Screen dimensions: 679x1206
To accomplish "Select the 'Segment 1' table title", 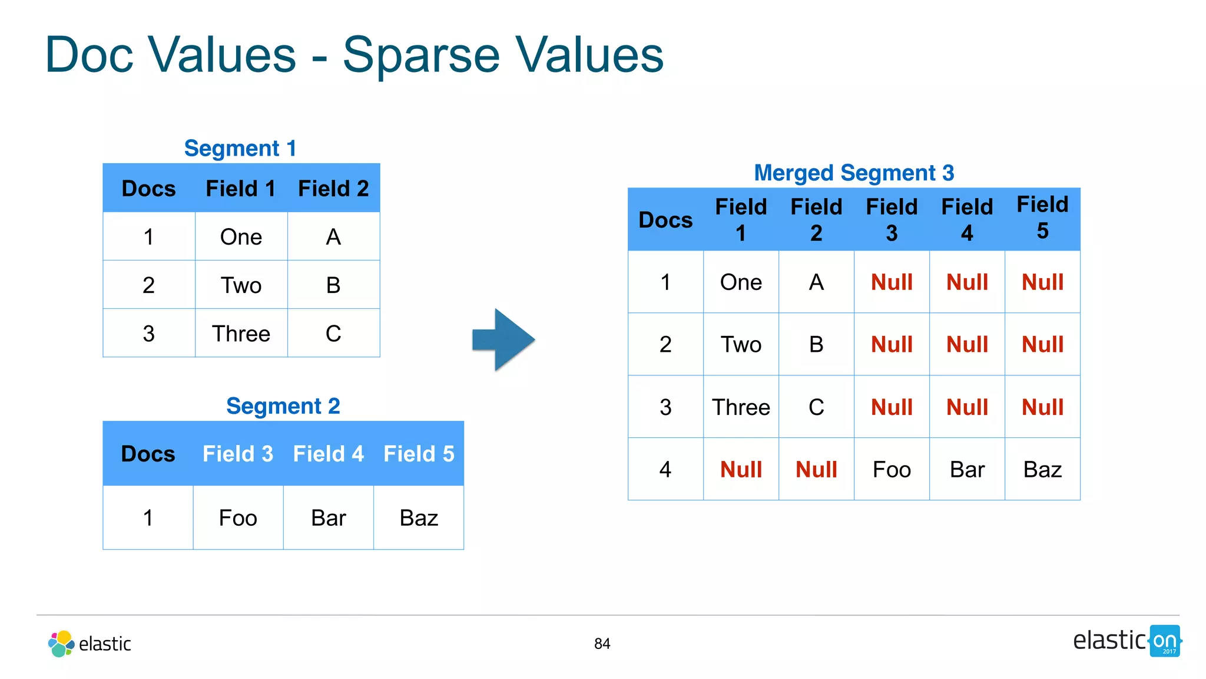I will click(x=240, y=149).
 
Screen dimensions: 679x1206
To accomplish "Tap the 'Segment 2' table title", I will click(x=283, y=406).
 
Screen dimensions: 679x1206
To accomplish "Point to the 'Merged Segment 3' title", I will click(x=854, y=173).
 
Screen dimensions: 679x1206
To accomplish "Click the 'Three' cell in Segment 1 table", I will click(x=241, y=334).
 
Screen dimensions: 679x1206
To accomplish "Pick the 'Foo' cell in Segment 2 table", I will click(x=238, y=518).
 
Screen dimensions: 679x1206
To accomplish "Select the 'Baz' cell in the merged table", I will click(x=1042, y=470).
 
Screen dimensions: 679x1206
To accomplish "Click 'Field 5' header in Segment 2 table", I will click(x=419, y=454).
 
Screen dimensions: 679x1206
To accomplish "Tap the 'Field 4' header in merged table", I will click(x=967, y=219).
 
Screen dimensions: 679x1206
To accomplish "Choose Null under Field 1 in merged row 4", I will click(x=741, y=470).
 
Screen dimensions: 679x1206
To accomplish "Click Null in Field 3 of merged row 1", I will click(x=892, y=282).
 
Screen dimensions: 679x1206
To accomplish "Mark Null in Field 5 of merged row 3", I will click(x=1042, y=407).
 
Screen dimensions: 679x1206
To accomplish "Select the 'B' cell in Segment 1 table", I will click(x=333, y=285).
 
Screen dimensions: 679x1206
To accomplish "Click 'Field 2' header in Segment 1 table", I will click(x=333, y=189).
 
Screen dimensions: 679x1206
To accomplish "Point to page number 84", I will click(x=602, y=644).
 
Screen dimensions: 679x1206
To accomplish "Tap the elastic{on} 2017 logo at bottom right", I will click(x=1127, y=641).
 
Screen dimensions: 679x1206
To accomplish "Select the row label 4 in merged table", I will click(x=665, y=470).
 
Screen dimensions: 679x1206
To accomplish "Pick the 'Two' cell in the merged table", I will click(x=741, y=345).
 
